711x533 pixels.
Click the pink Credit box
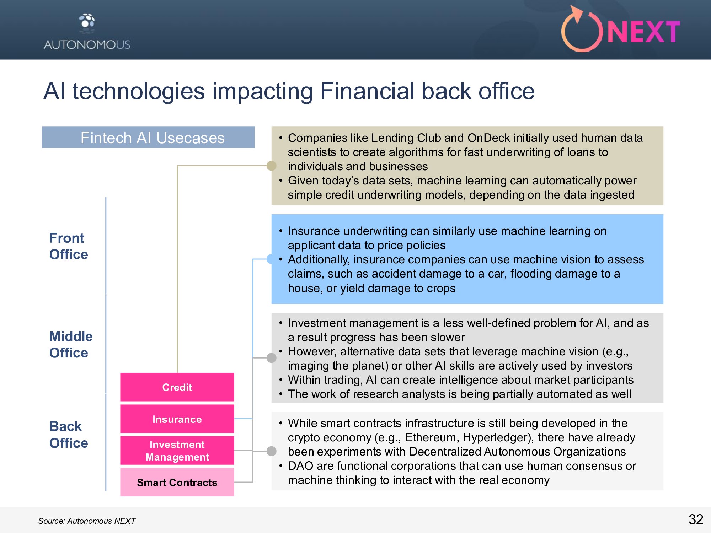[x=177, y=387]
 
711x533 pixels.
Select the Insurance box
[x=177, y=419]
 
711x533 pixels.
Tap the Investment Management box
[x=177, y=451]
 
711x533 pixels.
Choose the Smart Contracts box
[x=177, y=482]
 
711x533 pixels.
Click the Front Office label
[x=69, y=246]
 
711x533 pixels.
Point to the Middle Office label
[x=71, y=344]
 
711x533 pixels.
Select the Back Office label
[x=69, y=434]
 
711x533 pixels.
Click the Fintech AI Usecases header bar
[x=148, y=138]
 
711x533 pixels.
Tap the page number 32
[x=696, y=519]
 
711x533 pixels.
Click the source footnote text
[x=87, y=521]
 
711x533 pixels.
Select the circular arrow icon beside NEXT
[x=582, y=29]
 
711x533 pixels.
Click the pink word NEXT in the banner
[x=643, y=32]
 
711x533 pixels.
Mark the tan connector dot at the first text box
[x=272, y=166]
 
